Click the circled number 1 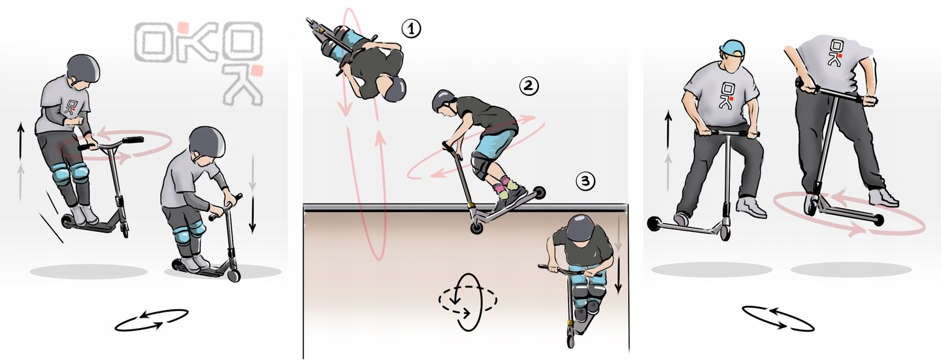click(x=411, y=29)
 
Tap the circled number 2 click(x=529, y=86)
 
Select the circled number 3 click(x=586, y=182)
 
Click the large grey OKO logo click(x=199, y=63)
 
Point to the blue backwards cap click(x=732, y=49)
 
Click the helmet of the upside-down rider click(x=395, y=88)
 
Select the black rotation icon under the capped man click(x=778, y=318)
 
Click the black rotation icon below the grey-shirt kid click(x=151, y=320)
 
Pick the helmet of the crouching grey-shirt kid click(x=206, y=141)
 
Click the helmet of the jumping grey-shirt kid click(x=83, y=68)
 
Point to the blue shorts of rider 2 click(x=495, y=142)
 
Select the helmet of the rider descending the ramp click(x=580, y=228)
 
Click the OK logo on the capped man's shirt click(x=728, y=95)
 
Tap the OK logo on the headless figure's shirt click(x=836, y=53)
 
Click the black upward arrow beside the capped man click(x=669, y=129)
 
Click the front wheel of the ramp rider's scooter click(x=570, y=341)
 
